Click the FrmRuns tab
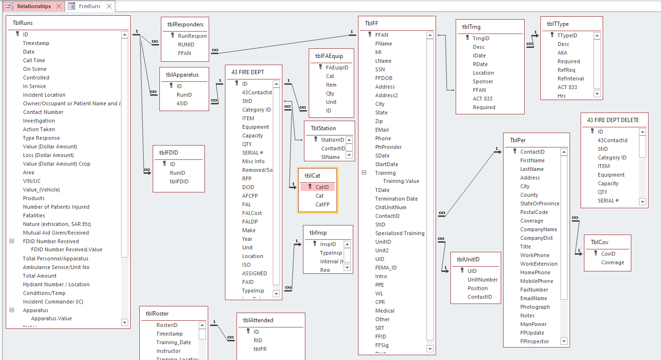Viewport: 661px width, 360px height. point(90,6)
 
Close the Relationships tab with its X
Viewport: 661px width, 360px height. point(58,6)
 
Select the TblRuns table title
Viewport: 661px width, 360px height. point(22,22)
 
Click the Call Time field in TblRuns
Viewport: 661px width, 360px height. point(34,60)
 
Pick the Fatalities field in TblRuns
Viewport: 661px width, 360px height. point(34,215)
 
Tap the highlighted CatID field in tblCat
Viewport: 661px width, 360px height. point(322,187)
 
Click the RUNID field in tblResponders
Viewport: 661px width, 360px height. point(186,45)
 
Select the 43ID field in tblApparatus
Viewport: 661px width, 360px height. point(182,103)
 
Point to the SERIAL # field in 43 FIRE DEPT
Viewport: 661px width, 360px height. point(253,153)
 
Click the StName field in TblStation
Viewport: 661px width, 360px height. point(330,157)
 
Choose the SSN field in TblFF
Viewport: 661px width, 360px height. point(380,69)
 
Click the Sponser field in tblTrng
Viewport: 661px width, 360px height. point(483,81)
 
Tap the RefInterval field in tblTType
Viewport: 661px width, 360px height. point(571,79)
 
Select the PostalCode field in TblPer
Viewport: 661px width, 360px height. point(534,212)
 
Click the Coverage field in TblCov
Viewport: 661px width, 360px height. point(613,262)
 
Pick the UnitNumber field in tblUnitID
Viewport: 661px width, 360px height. point(482,280)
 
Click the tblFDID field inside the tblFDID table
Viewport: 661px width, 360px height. point(179,181)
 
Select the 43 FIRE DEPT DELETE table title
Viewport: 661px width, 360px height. point(613,120)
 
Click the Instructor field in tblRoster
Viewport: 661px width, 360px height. point(168,351)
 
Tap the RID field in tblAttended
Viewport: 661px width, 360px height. point(258,340)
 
